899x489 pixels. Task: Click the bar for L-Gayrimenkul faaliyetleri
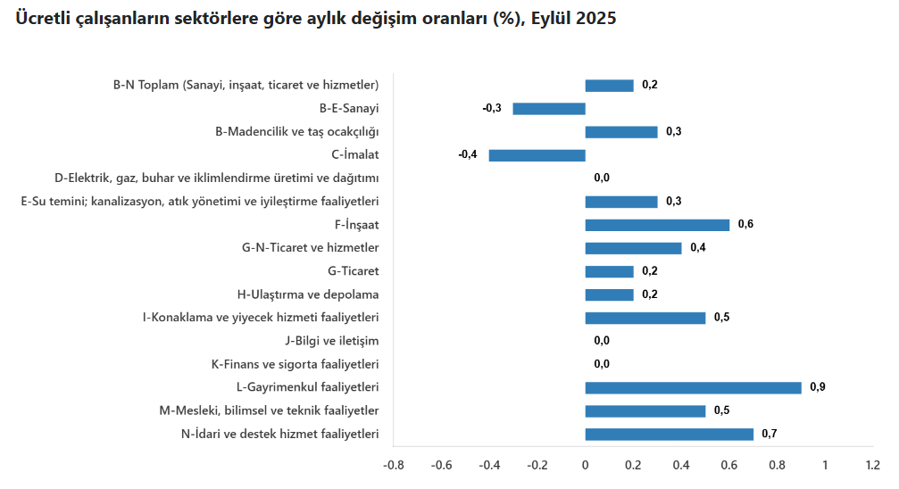[693, 387]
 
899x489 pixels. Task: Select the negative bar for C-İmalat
[537, 155]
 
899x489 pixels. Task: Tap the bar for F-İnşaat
[657, 225]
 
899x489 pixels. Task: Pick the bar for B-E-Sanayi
[548, 109]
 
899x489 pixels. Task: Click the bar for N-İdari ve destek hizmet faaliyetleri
[669, 435]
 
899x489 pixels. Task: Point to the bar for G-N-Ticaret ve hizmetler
[633, 248]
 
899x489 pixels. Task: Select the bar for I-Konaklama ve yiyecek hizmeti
[645, 318]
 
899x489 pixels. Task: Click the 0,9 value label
[817, 387]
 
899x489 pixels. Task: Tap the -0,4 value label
[468, 155]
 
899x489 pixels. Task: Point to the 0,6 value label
[745, 225]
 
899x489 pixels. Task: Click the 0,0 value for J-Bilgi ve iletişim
[602, 341]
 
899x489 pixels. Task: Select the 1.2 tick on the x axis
[873, 465]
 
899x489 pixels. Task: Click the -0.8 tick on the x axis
[393, 465]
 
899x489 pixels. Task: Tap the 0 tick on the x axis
[585, 465]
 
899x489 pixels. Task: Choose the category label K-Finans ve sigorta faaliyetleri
[295, 364]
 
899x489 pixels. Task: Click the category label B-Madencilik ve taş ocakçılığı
[297, 132]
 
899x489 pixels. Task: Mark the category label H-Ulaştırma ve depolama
[308, 294]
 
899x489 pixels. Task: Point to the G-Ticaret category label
[354, 271]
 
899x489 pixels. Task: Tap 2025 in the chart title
[595, 19]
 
